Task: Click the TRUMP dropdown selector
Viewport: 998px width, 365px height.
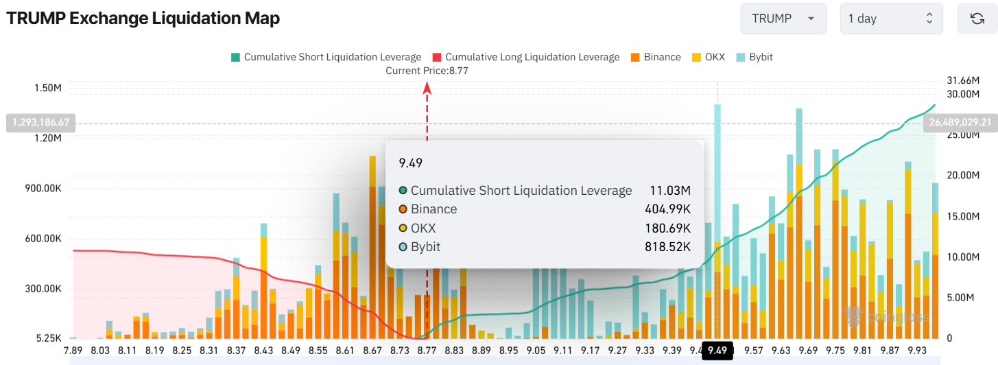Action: pyautogui.click(x=782, y=19)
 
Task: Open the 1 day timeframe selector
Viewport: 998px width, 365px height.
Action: pyautogui.click(x=891, y=19)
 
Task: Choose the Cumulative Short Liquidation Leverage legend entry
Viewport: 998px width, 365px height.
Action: pyautogui.click(x=326, y=57)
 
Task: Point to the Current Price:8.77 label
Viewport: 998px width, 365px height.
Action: pyautogui.click(x=427, y=71)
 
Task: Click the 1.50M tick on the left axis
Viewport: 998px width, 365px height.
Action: pyautogui.click(x=48, y=88)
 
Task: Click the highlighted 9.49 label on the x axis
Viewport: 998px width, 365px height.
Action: pyautogui.click(x=717, y=350)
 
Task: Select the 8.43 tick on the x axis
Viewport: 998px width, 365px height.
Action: pyautogui.click(x=263, y=350)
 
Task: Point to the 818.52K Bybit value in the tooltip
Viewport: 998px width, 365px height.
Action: pyautogui.click(x=667, y=247)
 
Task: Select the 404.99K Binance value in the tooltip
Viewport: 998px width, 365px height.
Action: pyautogui.click(x=667, y=209)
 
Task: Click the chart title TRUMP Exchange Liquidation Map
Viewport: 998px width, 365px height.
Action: pyautogui.click(x=143, y=19)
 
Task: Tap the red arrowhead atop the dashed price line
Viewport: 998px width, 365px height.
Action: pyautogui.click(x=427, y=87)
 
